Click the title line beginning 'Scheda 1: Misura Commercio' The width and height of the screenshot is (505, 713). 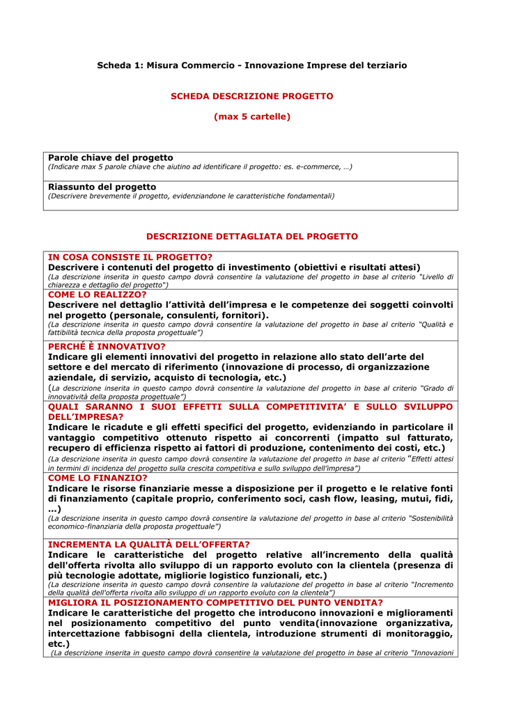pos(251,65)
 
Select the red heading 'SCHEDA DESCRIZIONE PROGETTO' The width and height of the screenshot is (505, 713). pos(251,96)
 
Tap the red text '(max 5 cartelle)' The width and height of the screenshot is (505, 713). pos(251,117)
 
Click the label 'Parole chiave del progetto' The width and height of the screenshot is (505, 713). pos(110,158)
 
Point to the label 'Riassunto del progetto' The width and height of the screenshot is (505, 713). pos(102,187)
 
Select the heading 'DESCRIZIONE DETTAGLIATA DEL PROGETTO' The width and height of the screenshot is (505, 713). pos(251,237)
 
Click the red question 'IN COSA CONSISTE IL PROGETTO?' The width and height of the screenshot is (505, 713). pos(130,258)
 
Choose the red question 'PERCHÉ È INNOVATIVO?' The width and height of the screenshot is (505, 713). pos(107,347)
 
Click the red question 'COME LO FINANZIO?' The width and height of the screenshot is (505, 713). pos(98,478)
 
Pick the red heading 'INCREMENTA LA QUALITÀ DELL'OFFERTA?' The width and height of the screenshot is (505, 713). pos(148,544)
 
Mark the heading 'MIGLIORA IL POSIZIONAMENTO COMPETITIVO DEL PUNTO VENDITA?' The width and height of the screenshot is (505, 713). pos(215,602)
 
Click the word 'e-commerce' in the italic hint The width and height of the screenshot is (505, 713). pos(317,167)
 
